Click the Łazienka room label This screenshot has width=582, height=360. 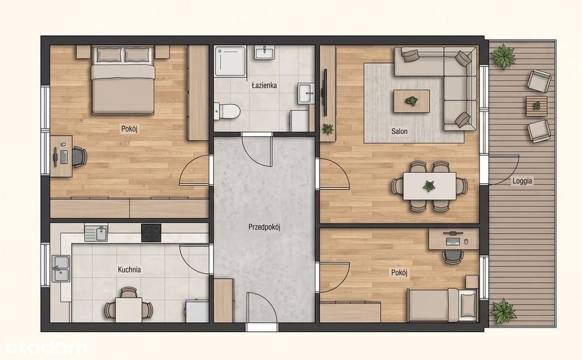[x=264, y=85]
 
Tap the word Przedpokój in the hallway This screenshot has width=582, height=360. [x=264, y=227]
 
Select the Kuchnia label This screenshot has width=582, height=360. [x=129, y=269]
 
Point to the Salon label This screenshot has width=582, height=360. [x=399, y=131]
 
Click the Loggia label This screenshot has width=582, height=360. [x=522, y=181]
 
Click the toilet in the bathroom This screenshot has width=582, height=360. [x=227, y=111]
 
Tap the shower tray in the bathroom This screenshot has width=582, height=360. [x=230, y=62]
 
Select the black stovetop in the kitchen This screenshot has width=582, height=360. [x=151, y=233]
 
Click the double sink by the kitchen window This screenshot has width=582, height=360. [x=61, y=268]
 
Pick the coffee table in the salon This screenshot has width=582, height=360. [x=411, y=100]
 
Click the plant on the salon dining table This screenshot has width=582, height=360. [x=429, y=186]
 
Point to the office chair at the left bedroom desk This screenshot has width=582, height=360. [x=79, y=156]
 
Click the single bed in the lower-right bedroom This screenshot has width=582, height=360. [x=442, y=305]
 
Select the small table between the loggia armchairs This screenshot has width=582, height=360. [x=537, y=106]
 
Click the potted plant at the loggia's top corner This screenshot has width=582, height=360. [x=503, y=56]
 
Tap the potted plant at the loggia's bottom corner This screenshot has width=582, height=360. [x=503, y=311]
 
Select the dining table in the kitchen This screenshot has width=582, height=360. [x=129, y=309]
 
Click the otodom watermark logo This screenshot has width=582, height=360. [x=46, y=348]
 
